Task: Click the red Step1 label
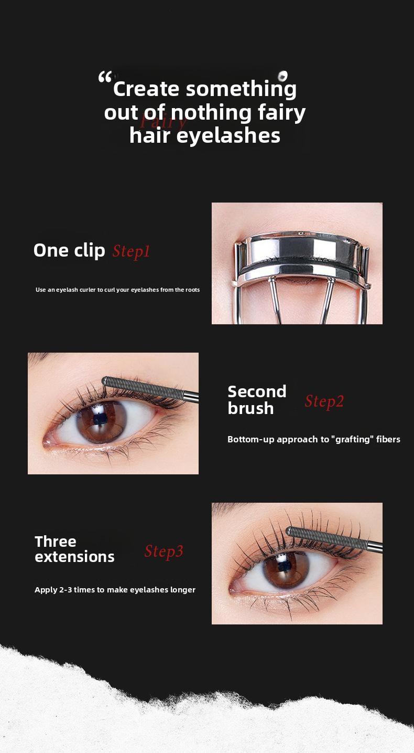131,251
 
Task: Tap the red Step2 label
324,401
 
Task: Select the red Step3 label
164,552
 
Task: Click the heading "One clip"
69,250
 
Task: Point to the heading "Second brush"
257,400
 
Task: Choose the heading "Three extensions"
74,549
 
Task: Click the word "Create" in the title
146,89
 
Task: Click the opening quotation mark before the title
105,79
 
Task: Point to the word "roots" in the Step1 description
192,290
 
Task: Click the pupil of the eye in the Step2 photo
100,418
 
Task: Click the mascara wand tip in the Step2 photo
106,380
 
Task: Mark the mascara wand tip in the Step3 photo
290,531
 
